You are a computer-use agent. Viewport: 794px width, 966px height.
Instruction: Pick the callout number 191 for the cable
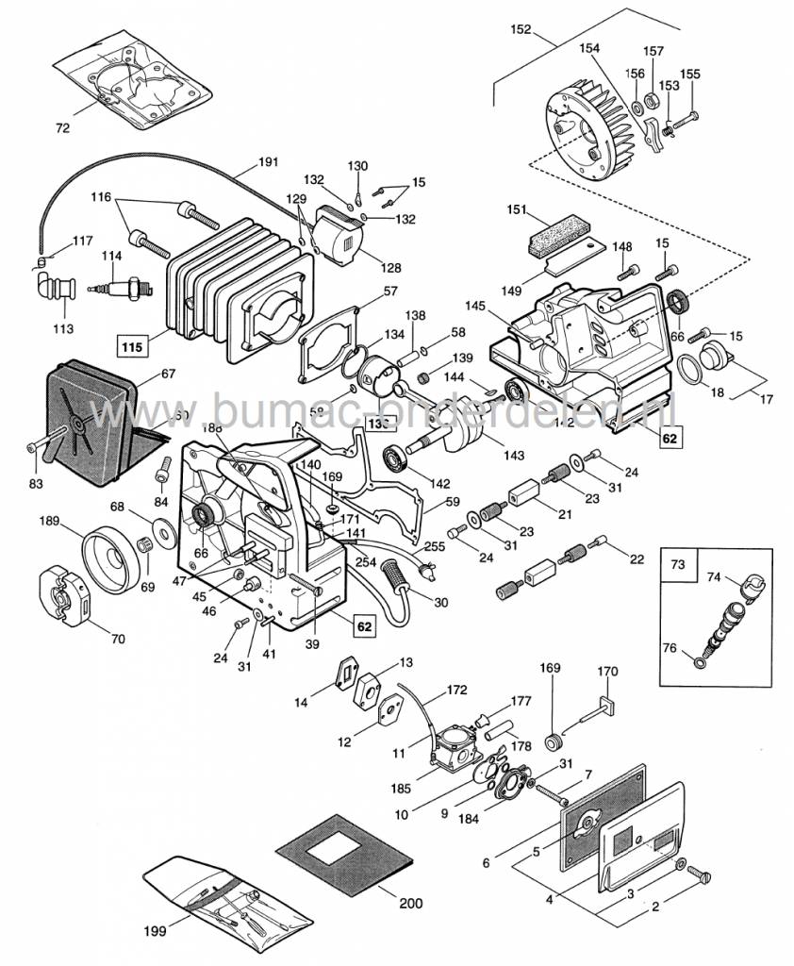click(x=268, y=161)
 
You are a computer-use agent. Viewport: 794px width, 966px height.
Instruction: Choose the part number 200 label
click(x=410, y=903)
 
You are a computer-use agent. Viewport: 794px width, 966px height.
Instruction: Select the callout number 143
click(x=514, y=456)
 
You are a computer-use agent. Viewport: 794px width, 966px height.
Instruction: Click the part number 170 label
click(x=607, y=672)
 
